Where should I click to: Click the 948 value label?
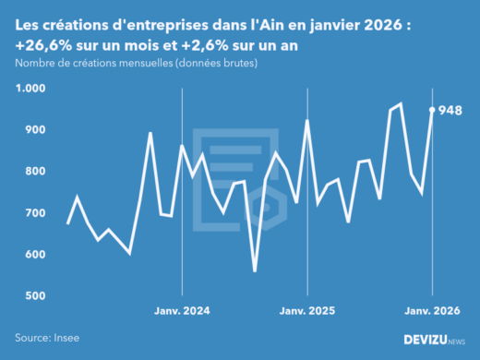click(x=450, y=110)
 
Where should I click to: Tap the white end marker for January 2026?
click(x=432, y=109)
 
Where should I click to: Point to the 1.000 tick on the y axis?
click(x=30, y=89)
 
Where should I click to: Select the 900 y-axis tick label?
click(x=34, y=130)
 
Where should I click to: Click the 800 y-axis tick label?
click(x=34, y=172)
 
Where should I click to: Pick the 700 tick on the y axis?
click(x=34, y=213)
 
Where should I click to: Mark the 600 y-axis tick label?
click(x=34, y=255)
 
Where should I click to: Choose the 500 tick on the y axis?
click(x=34, y=296)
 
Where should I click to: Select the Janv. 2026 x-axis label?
click(x=432, y=311)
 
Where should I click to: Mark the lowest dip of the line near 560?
click(x=255, y=270)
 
